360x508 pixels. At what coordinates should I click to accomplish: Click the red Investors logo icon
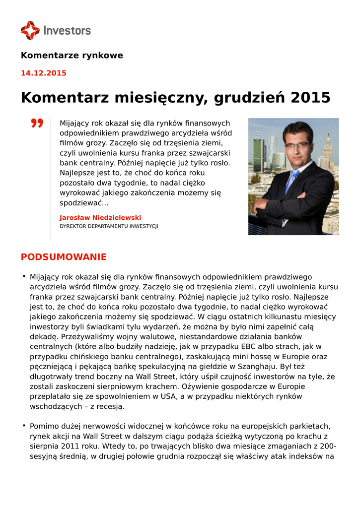pyautogui.click(x=30, y=30)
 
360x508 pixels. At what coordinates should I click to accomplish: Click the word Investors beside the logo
pyautogui.click(x=67, y=30)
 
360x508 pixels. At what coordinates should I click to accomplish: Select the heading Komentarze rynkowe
pyautogui.click(x=72, y=56)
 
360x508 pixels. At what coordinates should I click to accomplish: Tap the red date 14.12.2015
pyautogui.click(x=44, y=73)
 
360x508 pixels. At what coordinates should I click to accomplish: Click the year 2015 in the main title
pyautogui.click(x=310, y=97)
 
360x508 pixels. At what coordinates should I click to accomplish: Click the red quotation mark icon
pyautogui.click(x=37, y=123)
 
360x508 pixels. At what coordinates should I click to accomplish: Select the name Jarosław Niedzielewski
pyautogui.click(x=100, y=217)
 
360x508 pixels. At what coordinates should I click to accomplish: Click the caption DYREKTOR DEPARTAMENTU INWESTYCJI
pyautogui.click(x=109, y=226)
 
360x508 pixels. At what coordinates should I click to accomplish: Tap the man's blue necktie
pyautogui.click(x=292, y=181)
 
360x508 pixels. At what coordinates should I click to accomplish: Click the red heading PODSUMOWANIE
pyautogui.click(x=64, y=257)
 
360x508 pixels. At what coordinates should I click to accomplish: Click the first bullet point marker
pyautogui.click(x=23, y=276)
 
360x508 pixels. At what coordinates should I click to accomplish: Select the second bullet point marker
pyautogui.click(x=23, y=425)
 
